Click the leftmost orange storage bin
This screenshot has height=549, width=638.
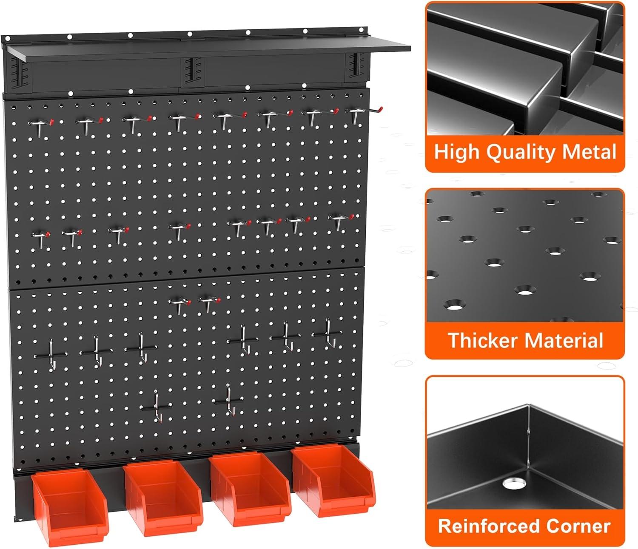(70, 506)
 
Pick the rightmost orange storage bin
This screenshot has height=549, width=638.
(334, 479)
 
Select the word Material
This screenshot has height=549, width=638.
(564, 340)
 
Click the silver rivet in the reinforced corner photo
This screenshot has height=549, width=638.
(514, 483)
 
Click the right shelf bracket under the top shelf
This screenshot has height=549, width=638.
(355, 66)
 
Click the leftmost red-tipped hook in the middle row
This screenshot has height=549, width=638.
(40, 239)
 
